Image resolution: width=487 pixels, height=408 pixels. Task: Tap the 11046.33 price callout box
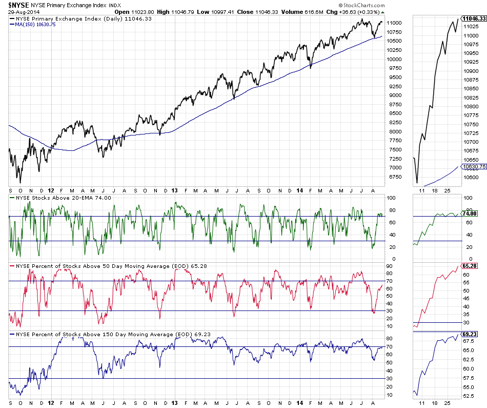[x=474, y=18]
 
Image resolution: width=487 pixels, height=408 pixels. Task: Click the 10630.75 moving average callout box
[x=474, y=166]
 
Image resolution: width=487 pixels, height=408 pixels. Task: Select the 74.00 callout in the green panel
[x=470, y=213]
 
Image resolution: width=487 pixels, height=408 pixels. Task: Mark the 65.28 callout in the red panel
[x=470, y=266]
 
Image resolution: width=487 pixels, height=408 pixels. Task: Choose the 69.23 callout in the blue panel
[x=470, y=334]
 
